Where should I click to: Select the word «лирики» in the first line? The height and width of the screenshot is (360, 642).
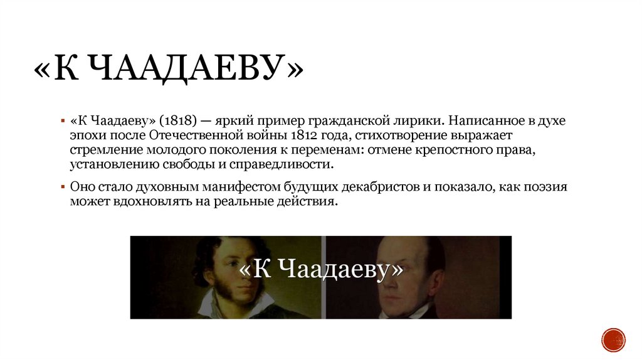[x=426, y=120]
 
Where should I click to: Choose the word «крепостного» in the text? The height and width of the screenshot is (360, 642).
[x=462, y=149]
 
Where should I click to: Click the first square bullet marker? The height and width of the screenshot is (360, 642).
[x=63, y=120]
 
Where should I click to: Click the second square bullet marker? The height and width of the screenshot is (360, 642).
[x=63, y=188]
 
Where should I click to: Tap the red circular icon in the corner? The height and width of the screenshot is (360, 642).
[x=613, y=339]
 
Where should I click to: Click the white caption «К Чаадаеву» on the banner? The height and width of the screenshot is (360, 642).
[x=320, y=270]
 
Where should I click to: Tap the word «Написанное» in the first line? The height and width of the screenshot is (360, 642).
[x=475, y=120]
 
